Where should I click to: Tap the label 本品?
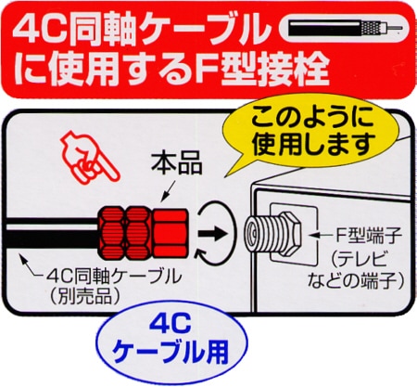[177, 163]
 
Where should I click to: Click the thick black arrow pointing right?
[213, 234]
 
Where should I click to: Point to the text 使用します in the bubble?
[313, 144]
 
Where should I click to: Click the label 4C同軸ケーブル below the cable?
[114, 277]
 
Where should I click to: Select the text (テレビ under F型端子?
[358, 259]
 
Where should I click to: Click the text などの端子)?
[355, 281]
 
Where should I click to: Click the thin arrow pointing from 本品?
[169, 190]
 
